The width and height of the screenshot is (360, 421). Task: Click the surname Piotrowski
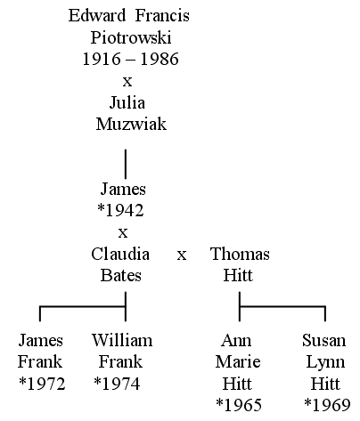click(x=131, y=38)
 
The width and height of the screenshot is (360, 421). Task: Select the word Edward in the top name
click(x=97, y=15)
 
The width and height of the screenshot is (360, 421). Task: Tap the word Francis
click(x=162, y=15)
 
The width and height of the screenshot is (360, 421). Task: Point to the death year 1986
click(x=160, y=59)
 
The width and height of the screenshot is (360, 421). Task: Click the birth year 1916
click(x=102, y=59)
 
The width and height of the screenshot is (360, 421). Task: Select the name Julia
click(x=127, y=103)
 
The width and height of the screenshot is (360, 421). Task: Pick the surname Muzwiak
click(x=131, y=124)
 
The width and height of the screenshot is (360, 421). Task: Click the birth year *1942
click(x=120, y=210)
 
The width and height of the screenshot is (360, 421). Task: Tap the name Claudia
click(x=120, y=255)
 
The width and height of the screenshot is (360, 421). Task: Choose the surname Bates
click(x=120, y=275)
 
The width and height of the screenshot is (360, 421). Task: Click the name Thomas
click(x=240, y=255)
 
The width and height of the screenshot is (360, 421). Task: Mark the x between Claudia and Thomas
click(x=182, y=255)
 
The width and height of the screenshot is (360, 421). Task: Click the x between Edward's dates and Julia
click(x=127, y=81)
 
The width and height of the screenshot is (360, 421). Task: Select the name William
click(x=122, y=340)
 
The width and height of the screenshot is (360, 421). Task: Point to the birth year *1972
click(x=42, y=384)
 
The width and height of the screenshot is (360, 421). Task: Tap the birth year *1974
click(x=117, y=384)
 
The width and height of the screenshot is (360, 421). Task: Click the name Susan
click(x=324, y=340)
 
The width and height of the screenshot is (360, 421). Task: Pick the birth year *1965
click(x=239, y=405)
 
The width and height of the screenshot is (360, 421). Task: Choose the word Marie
click(x=238, y=362)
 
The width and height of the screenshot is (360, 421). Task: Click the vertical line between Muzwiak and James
click(x=126, y=164)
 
